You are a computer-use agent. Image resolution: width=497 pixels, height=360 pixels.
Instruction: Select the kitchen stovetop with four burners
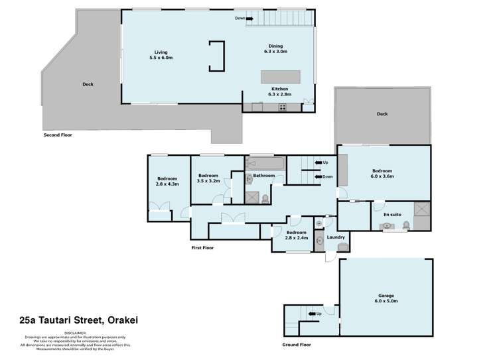pos(282,107)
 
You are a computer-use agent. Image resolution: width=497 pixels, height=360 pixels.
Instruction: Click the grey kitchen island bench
pos(280,76)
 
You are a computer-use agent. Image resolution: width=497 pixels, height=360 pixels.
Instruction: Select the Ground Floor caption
pos(296,345)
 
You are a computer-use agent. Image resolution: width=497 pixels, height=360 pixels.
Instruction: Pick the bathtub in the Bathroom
pos(265,162)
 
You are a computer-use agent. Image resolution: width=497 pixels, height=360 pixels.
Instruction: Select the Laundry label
pos(336,237)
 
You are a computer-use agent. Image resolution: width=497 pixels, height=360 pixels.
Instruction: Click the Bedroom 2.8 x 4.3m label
pos(167,182)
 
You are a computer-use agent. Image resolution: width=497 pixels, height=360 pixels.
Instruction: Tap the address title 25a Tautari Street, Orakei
pos(74,321)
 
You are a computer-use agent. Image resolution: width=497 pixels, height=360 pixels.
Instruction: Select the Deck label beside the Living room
pos(88,84)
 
